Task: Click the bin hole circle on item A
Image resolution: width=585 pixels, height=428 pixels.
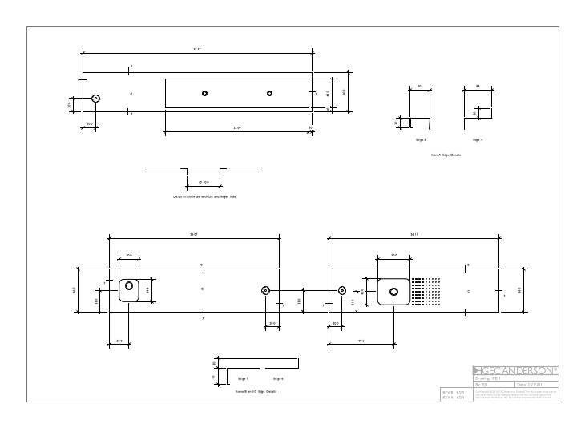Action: coord(96,98)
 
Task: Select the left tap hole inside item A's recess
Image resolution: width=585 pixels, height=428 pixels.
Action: coord(204,93)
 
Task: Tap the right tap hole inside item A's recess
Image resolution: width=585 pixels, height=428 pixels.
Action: coord(269,93)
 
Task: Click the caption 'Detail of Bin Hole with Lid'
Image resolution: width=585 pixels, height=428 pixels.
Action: coord(204,196)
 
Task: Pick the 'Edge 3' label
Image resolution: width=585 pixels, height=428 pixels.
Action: coord(420,139)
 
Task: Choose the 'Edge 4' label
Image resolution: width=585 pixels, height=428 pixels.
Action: coord(478,139)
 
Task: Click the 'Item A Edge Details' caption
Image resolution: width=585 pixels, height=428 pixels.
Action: coord(446,154)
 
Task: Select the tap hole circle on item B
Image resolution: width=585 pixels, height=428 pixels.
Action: coord(266,291)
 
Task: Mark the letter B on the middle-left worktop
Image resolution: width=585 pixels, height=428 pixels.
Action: coord(202,289)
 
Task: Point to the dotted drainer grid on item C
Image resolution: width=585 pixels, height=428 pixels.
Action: coord(426,292)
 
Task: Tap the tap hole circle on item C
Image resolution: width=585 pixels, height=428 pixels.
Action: coord(342,291)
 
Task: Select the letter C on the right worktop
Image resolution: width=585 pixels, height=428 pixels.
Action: coord(469,291)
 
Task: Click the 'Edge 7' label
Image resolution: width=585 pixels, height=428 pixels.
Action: coord(243,378)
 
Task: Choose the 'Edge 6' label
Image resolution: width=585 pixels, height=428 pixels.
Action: coord(278,378)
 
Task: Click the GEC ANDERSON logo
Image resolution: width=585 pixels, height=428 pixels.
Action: coord(517,370)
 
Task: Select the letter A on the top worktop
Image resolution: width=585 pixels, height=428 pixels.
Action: coord(131,93)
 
